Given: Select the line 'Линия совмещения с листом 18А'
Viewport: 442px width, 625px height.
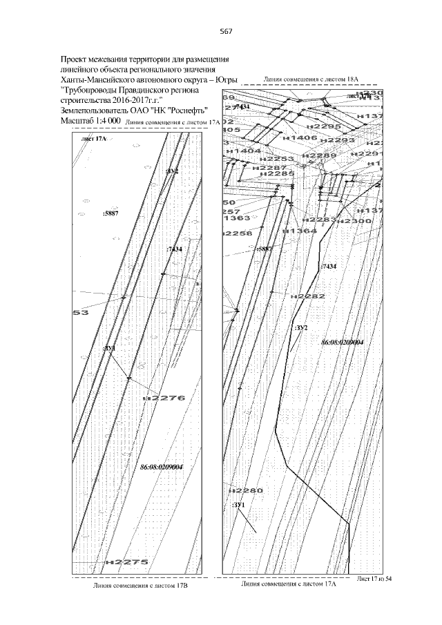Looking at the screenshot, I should pyautogui.click(x=313, y=80).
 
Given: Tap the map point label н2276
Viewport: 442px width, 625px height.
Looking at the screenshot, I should pyautogui.click(x=164, y=398).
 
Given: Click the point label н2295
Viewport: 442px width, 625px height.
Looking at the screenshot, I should pyautogui.click(x=323, y=127).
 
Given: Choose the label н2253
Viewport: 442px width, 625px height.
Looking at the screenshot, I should pyautogui.click(x=277, y=159).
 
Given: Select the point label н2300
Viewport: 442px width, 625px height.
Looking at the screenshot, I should pyautogui.click(x=356, y=220).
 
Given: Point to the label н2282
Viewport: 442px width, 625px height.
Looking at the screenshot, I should pyautogui.click(x=308, y=296).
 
